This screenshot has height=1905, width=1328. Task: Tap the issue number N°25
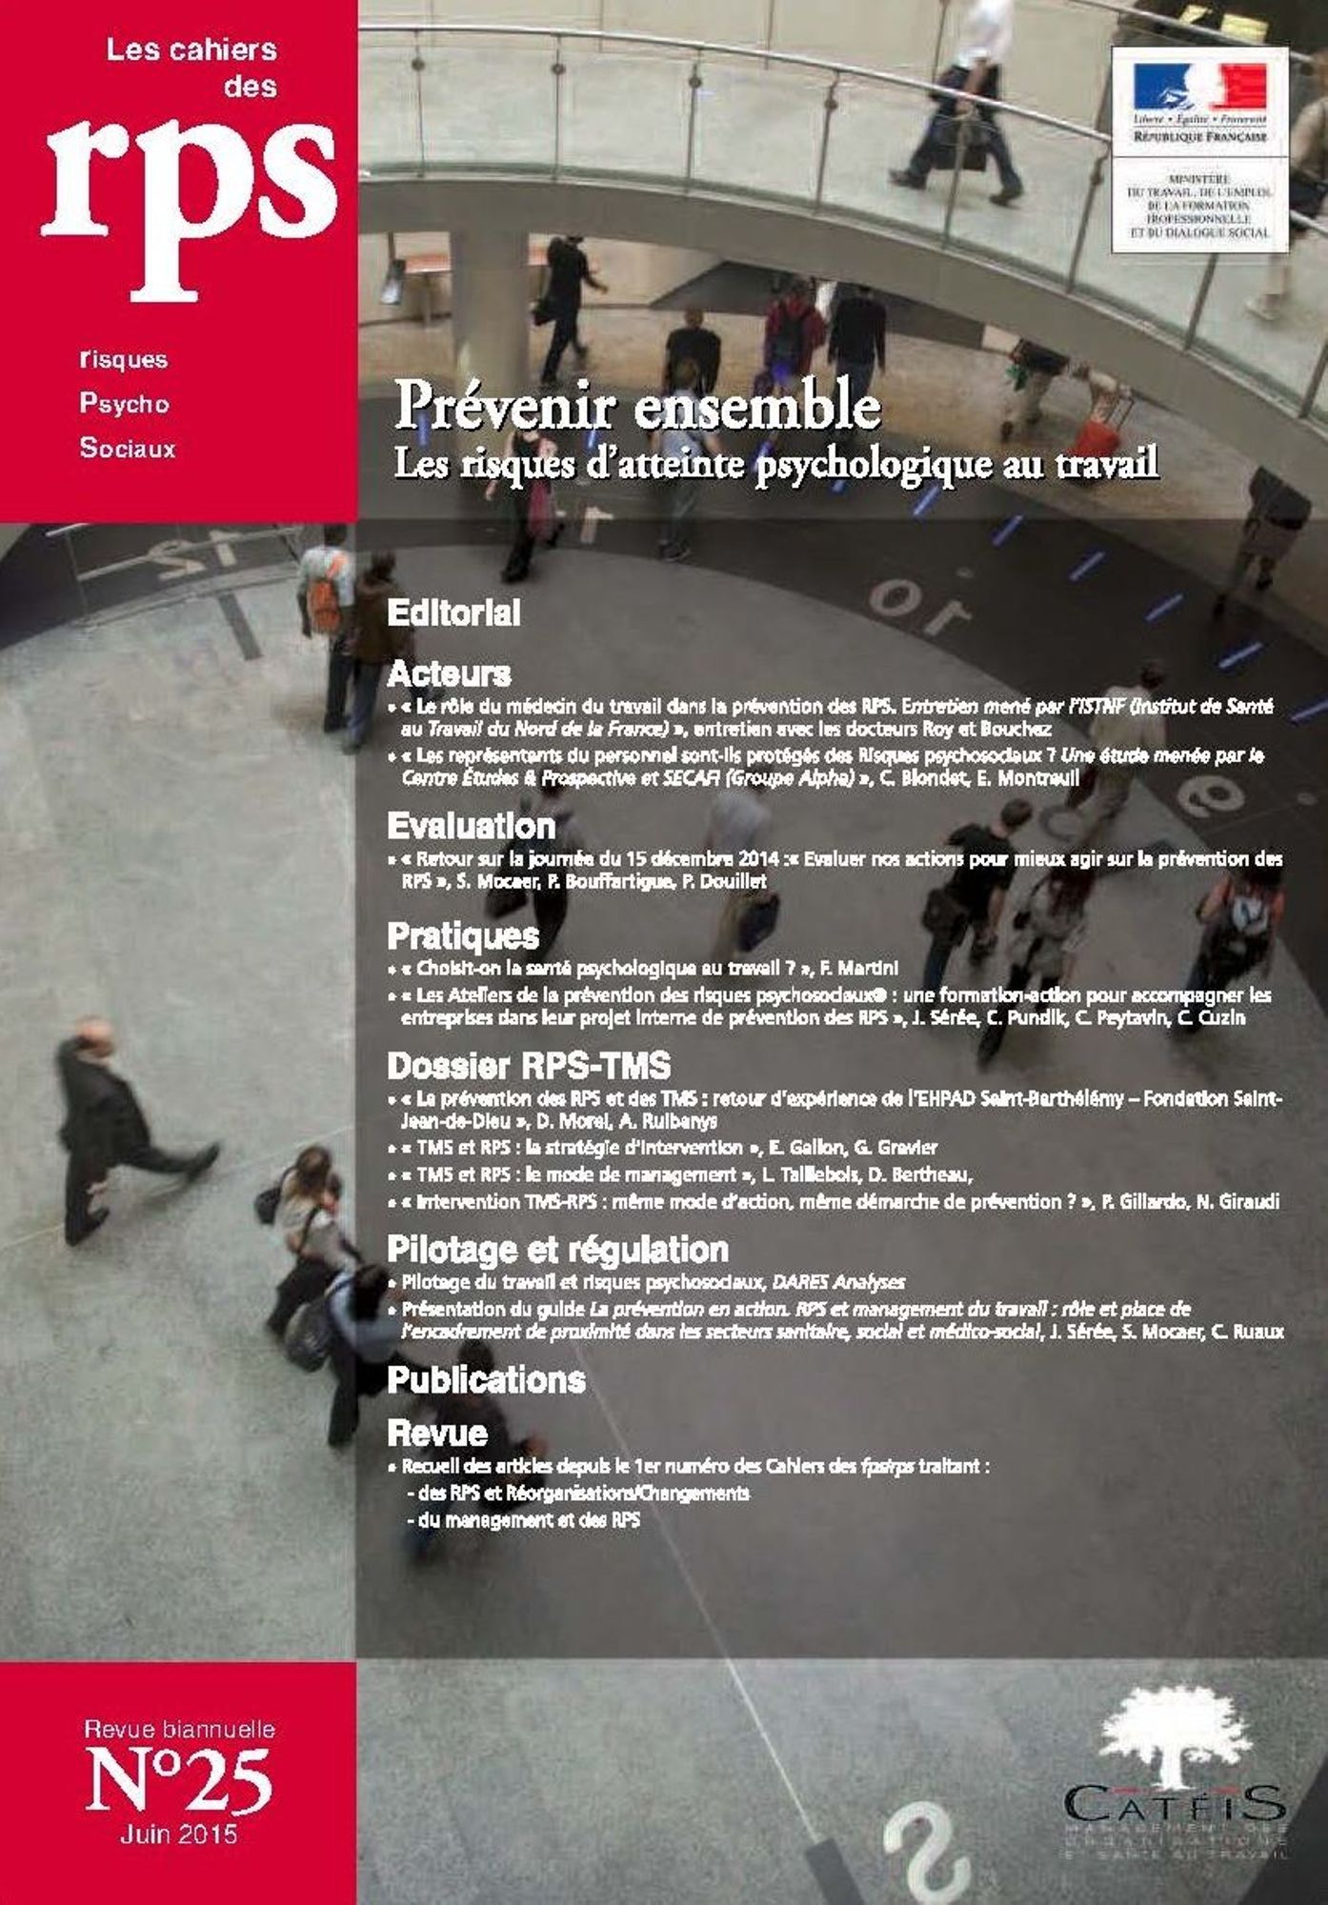pyautogui.click(x=179, y=1780)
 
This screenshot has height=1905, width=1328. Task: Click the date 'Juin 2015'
pyautogui.click(x=179, y=1835)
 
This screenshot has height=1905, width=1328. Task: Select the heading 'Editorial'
pyautogui.click(x=453, y=613)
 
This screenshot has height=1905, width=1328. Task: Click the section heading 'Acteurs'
pyautogui.click(x=449, y=674)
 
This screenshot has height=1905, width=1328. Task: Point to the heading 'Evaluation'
pyautogui.click(x=471, y=826)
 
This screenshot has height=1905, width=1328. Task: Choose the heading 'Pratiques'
pyautogui.click(x=463, y=936)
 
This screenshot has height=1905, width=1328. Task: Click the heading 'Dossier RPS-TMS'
pyautogui.click(x=529, y=1066)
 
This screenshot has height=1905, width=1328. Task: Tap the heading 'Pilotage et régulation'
pyautogui.click(x=557, y=1249)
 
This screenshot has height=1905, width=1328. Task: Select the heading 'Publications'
pyautogui.click(x=486, y=1380)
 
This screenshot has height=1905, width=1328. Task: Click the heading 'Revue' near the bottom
pyautogui.click(x=437, y=1433)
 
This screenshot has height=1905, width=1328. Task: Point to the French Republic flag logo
pyautogui.click(x=1199, y=88)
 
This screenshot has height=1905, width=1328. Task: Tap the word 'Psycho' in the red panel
pyautogui.click(x=124, y=404)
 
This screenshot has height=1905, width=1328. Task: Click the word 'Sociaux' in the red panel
pyautogui.click(x=128, y=448)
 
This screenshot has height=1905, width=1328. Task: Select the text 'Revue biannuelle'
pyautogui.click(x=179, y=1729)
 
